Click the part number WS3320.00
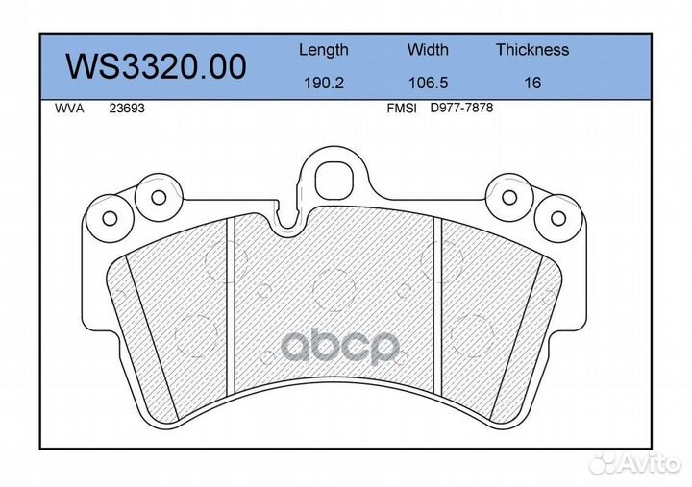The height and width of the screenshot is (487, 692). click(x=156, y=66)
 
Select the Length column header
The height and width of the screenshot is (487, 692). click(x=324, y=50)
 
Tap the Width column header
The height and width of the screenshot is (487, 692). click(x=428, y=49)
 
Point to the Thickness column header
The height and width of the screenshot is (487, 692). click(x=532, y=49)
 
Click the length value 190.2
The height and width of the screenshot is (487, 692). click(x=324, y=83)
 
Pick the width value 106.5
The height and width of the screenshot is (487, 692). click(x=428, y=83)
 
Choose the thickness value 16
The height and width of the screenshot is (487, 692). click(x=532, y=83)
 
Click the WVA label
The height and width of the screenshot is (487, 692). click(x=69, y=109)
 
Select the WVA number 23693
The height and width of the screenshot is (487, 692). click(x=127, y=109)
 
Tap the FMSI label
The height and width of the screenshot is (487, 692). click(x=402, y=109)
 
